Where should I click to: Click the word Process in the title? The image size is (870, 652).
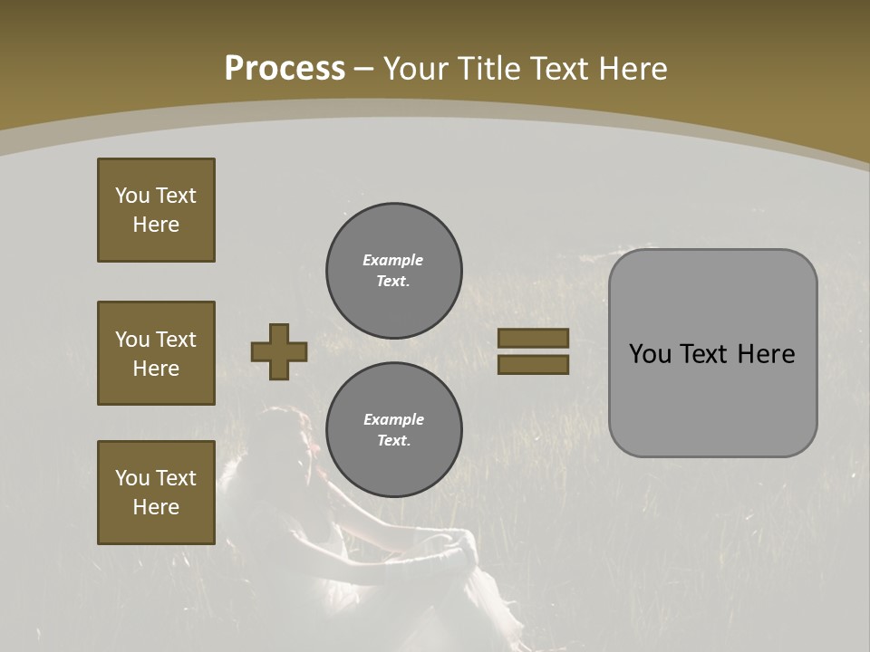tap(285, 69)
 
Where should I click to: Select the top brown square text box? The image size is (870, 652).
tap(156, 210)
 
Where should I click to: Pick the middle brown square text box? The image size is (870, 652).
tap(156, 353)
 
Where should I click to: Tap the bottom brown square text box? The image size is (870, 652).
tap(156, 492)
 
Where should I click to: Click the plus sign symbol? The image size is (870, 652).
tap(279, 352)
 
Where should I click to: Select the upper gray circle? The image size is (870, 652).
tap(393, 271)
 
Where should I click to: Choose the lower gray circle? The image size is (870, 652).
tap(393, 430)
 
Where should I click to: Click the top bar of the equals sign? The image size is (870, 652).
tap(533, 339)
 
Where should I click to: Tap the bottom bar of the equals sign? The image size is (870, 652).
tap(533, 365)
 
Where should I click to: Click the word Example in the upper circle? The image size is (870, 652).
tap(393, 260)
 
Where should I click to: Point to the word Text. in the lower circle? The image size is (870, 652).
tap(393, 440)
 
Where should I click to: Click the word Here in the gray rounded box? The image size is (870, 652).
tap(766, 354)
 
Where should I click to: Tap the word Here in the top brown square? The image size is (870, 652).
tap(156, 225)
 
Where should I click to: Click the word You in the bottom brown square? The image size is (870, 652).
tap(132, 478)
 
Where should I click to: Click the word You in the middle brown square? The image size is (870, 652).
tap(132, 340)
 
